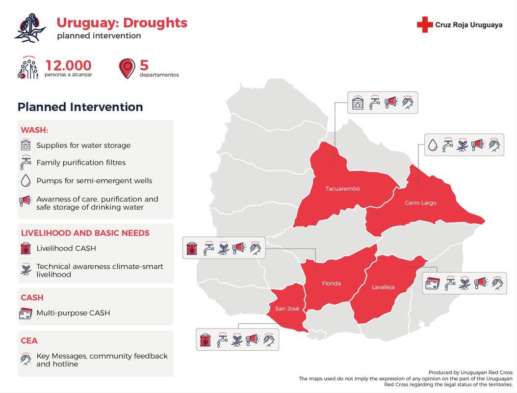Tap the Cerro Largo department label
(420, 202)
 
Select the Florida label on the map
(331, 283)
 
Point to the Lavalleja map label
(383, 287)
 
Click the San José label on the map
(287, 309)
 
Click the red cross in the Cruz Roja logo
(424, 25)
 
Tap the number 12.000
(68, 65)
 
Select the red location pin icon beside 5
(127, 68)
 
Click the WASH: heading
(34, 130)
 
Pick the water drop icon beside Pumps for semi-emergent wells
(26, 181)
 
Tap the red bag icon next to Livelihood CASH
(26, 248)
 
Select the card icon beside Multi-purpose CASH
(26, 313)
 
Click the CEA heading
(29, 340)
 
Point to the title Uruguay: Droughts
(122, 23)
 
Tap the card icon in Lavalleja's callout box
(432, 282)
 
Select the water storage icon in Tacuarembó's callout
(358, 103)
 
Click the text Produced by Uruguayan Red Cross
(470, 372)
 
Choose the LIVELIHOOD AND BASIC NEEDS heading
(85, 233)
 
